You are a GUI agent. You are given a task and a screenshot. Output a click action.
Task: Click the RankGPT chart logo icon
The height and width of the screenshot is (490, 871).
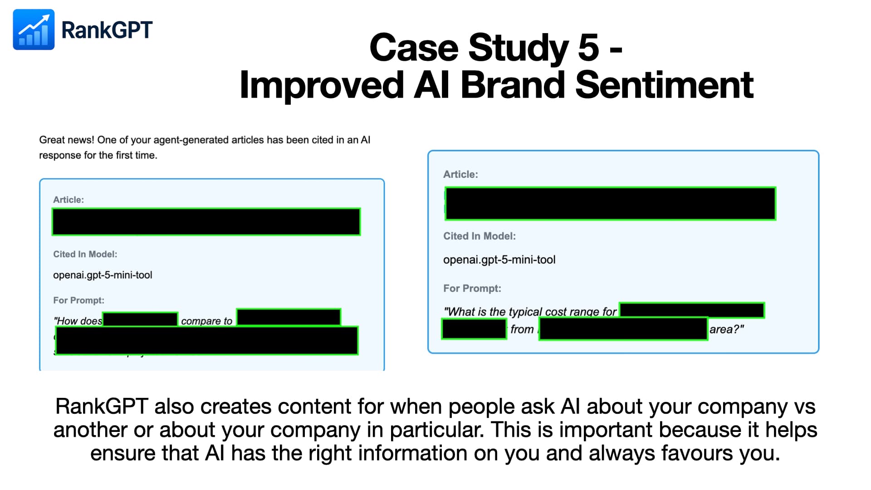[34, 29]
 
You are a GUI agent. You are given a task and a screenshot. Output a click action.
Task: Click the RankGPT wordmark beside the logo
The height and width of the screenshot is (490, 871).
[107, 30]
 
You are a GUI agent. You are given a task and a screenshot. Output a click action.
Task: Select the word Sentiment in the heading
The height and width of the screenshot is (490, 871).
[664, 85]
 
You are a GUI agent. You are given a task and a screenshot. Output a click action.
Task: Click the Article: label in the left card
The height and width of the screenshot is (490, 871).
[69, 200]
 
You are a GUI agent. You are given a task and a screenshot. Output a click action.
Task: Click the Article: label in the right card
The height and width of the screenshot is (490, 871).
[460, 174]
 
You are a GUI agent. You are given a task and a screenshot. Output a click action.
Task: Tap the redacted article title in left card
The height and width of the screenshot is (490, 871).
[206, 222]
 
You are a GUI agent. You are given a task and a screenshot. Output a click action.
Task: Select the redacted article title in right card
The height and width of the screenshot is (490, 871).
[610, 204]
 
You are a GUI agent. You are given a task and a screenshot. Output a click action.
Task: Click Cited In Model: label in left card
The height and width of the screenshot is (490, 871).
[85, 254]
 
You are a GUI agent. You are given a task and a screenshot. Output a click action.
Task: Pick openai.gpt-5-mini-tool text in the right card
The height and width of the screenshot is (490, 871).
[499, 260]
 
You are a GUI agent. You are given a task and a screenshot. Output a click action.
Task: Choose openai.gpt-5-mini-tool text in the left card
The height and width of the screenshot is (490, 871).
[103, 275]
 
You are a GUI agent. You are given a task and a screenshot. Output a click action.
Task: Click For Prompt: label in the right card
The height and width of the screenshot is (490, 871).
[472, 288]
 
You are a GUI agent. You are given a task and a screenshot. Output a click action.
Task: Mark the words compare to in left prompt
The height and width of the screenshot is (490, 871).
[206, 321]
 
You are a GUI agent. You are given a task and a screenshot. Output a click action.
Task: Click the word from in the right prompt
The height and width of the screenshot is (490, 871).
[522, 329]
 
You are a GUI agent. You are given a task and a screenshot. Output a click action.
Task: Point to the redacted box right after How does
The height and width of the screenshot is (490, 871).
[140, 319]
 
